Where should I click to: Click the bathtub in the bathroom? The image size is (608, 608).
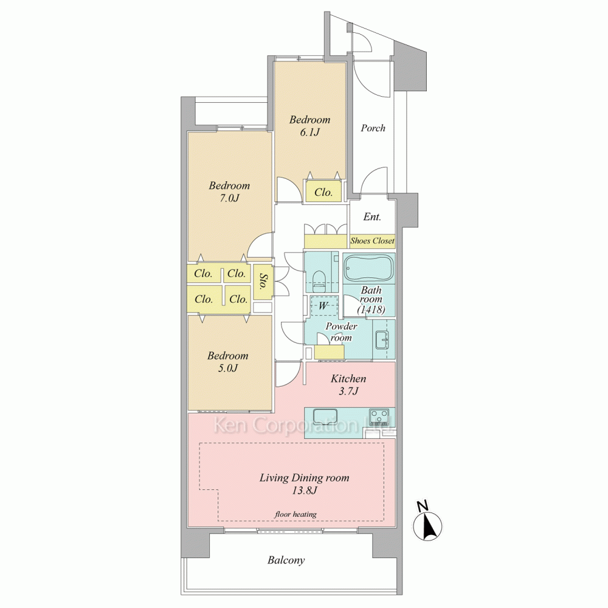(x=368, y=268)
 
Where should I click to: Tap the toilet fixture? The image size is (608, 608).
(x=319, y=281)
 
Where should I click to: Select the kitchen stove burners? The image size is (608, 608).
(x=379, y=418)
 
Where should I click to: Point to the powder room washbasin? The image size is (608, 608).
(x=382, y=340)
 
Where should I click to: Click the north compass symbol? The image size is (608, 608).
(x=427, y=522)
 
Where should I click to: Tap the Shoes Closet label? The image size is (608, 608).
(x=372, y=241)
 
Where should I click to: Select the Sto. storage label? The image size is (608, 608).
(x=263, y=282)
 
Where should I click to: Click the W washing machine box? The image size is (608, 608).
(x=323, y=306)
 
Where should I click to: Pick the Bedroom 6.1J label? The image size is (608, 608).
(x=310, y=126)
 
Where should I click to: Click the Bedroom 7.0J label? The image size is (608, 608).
(x=229, y=192)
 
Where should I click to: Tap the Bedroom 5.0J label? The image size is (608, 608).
(x=227, y=362)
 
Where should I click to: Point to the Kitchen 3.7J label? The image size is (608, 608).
(x=348, y=385)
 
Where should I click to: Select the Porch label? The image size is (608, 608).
(x=373, y=128)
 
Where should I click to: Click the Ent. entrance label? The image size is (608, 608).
(x=372, y=217)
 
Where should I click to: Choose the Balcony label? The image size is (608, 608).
(x=286, y=560)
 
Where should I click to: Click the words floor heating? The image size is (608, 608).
(x=295, y=514)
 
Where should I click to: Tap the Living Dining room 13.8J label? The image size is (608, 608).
(x=305, y=484)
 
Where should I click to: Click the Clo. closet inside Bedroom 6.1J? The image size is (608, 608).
(x=323, y=192)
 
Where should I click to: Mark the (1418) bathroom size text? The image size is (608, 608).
(x=371, y=310)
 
